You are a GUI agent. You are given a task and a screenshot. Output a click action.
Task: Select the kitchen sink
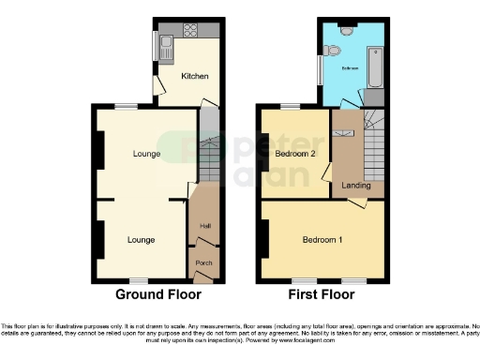[166, 41]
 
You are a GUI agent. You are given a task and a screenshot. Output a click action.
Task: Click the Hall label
[204, 225]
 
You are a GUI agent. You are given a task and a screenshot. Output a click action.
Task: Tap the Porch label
[203, 263]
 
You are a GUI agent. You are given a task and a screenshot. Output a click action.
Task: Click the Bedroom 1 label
[322, 240]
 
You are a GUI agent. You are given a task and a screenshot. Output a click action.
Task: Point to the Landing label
[356, 186]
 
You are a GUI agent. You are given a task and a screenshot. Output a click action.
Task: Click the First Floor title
[322, 294]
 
